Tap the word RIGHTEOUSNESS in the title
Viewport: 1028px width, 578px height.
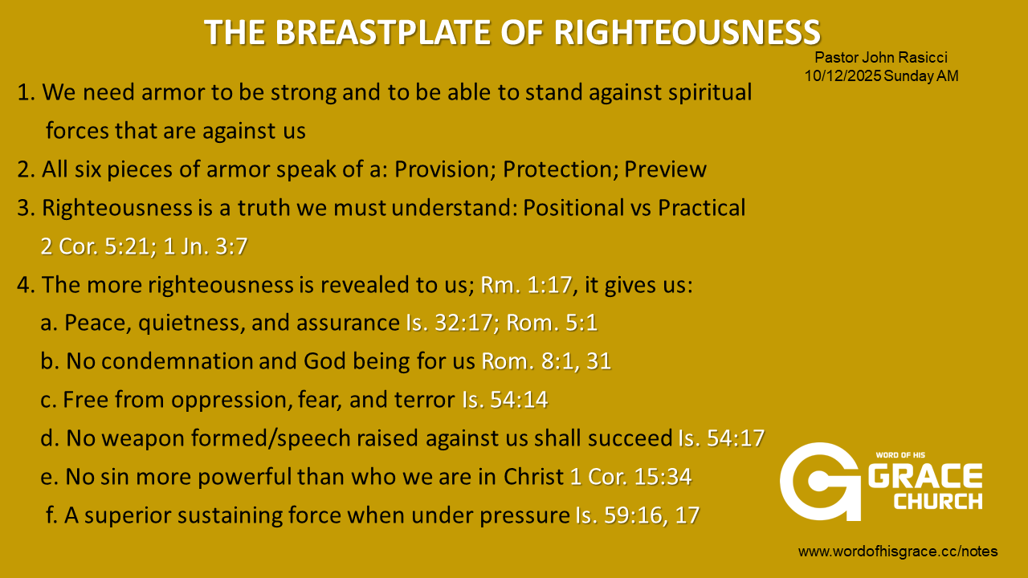687,33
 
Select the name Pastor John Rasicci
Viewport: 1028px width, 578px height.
881,57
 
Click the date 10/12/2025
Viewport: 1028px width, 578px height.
842,75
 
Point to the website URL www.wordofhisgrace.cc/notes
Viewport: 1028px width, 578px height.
898,551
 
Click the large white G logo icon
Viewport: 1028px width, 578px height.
821,482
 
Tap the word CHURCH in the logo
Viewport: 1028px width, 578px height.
937,501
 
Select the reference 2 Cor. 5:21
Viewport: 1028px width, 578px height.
95,246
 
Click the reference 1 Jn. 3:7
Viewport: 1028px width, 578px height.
206,246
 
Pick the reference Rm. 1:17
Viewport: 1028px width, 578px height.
526,285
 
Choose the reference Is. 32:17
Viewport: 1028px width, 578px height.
449,323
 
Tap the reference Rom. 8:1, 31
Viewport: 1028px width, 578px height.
546,361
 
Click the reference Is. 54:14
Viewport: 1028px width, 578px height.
505,400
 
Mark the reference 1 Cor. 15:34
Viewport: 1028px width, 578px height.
630,477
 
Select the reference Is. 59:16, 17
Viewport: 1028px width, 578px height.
638,515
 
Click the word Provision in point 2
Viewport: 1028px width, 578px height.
443,169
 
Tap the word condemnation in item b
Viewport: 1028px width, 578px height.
177,361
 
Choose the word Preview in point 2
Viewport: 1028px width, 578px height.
665,169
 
